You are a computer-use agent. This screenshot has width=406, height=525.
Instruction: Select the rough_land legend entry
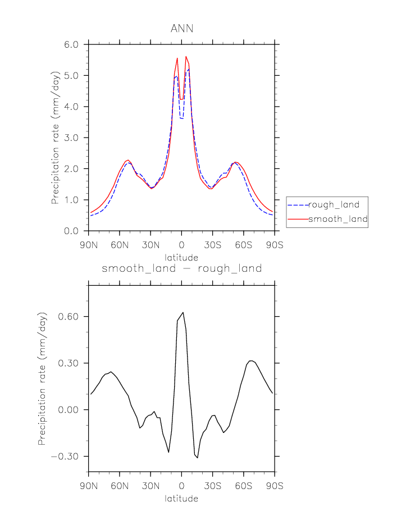334,204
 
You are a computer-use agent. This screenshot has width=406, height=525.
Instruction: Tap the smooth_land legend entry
337,220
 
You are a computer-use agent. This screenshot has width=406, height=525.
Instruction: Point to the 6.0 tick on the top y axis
74,44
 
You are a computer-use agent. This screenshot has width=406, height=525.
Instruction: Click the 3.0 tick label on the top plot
74,138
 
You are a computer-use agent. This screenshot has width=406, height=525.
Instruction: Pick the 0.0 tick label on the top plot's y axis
74,231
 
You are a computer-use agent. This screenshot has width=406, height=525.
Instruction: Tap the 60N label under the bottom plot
120,485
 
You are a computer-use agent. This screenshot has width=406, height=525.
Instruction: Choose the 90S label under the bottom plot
274,485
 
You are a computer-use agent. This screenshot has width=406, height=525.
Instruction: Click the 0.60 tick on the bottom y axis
71,317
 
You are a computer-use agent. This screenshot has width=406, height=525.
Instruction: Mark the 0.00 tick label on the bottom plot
71,410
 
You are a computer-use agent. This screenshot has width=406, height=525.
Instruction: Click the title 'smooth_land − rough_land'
181,268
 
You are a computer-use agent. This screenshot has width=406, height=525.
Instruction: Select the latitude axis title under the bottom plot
181,498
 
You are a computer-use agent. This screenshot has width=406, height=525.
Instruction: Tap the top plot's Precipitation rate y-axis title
56,138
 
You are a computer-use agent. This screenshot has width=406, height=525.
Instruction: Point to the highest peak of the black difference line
183,312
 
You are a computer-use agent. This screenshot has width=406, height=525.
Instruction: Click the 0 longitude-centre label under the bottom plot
181,485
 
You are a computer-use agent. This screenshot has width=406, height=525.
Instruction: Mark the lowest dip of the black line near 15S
197,458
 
